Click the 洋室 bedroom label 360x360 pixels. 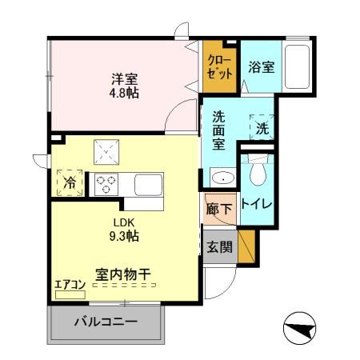[x=124, y=78]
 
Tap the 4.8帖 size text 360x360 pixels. [x=124, y=92]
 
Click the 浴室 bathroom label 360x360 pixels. [x=261, y=67]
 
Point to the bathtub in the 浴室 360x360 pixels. [x=297, y=67]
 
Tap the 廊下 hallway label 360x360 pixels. [x=219, y=210]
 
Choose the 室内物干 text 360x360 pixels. [x=124, y=274]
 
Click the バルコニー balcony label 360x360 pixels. [x=106, y=323]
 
